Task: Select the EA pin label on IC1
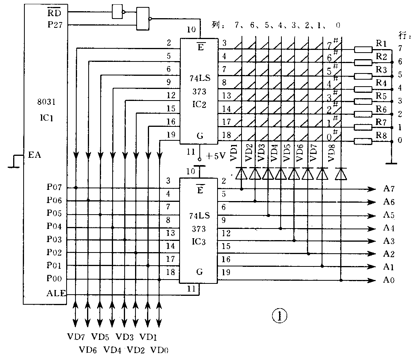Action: click(35, 156)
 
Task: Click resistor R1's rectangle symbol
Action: click(363, 49)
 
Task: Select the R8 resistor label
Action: click(381, 135)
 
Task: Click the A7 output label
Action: click(389, 189)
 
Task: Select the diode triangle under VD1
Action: click(242, 174)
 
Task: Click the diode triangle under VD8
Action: click(340, 174)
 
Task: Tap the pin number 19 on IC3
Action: click(226, 273)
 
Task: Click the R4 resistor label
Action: click(381, 83)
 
